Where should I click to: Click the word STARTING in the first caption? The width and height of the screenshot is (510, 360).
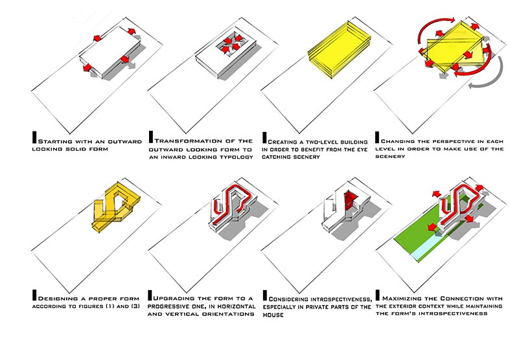(x=54, y=142)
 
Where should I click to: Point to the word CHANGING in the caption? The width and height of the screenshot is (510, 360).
(x=396, y=141)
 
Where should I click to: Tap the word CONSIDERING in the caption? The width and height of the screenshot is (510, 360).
(x=288, y=299)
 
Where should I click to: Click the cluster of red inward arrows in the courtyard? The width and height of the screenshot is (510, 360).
(x=231, y=44)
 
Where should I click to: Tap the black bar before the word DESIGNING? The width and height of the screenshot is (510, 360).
(x=34, y=295)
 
